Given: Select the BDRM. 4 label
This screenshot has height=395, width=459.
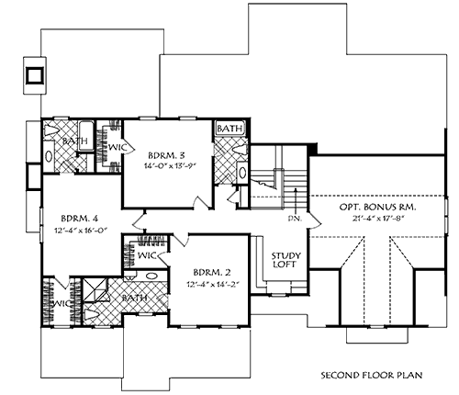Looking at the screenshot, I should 81,218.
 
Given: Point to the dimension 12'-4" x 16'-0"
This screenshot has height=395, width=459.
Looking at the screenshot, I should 81,231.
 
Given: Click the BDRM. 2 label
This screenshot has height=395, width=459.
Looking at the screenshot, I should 213,272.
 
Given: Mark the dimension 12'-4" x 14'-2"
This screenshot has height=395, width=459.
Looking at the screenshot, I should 213,286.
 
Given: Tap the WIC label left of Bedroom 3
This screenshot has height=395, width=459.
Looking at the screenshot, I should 118,144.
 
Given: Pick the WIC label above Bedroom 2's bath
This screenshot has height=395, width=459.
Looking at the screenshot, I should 147,256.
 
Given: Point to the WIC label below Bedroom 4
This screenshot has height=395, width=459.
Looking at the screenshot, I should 61,303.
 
